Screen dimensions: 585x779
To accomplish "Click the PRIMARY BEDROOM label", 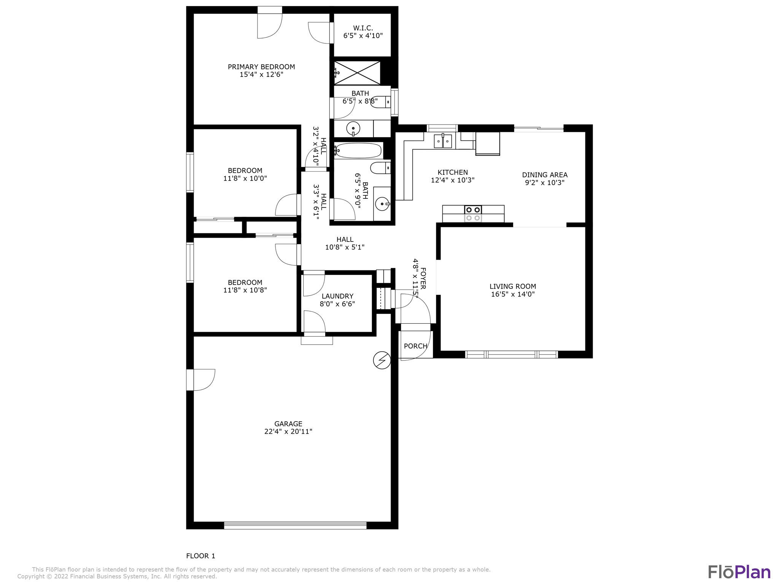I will click(x=261, y=67).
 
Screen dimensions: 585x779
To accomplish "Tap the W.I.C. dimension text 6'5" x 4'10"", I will click(x=362, y=36).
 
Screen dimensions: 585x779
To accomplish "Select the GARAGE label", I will click(x=288, y=424).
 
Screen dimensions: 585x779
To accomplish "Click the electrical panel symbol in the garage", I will click(x=382, y=360).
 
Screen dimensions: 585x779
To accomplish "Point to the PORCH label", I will click(x=415, y=346).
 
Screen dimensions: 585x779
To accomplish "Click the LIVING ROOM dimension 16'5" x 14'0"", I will click(x=512, y=294).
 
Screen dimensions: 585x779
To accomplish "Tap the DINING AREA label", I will click(x=544, y=175).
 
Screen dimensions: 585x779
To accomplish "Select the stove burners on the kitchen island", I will click(x=473, y=209).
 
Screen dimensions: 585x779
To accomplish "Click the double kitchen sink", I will click(x=443, y=141).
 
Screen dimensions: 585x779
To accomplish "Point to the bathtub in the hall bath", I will click(x=359, y=151).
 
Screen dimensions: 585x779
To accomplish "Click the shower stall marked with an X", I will click(x=357, y=73).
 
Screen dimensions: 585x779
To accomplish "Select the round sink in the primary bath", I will click(x=353, y=128).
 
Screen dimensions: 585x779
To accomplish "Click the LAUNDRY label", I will click(x=337, y=296).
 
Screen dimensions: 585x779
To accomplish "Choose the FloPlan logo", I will click(x=739, y=572).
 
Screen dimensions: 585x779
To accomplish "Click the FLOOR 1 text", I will click(x=200, y=556).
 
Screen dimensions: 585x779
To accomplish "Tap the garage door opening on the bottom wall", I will click(x=295, y=525).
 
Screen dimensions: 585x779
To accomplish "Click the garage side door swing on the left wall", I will click(x=202, y=380).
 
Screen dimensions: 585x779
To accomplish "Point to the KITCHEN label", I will click(x=452, y=172).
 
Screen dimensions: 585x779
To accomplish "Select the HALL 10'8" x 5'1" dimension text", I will click(x=345, y=247).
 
